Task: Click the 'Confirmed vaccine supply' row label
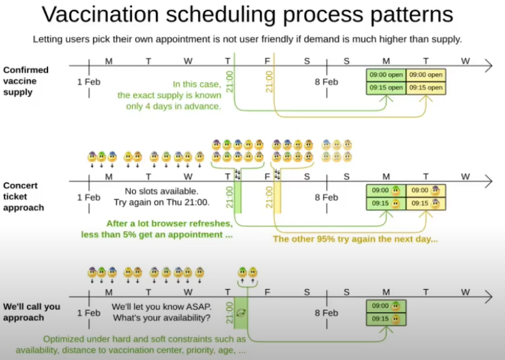tap(26, 81)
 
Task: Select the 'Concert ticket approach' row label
tap(21, 196)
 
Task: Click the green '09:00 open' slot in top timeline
tap(386, 75)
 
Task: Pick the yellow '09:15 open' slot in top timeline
tap(426, 88)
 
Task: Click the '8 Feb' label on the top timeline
tap(326, 82)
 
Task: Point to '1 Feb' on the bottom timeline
tap(89, 313)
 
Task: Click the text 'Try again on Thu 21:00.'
tap(161, 202)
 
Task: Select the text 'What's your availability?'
tap(161, 318)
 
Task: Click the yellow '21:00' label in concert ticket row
tap(269, 197)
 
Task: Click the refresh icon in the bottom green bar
tap(240, 313)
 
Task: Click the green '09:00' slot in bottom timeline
tap(386, 306)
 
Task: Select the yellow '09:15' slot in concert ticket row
tap(426, 203)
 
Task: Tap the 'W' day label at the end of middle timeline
tap(465, 176)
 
